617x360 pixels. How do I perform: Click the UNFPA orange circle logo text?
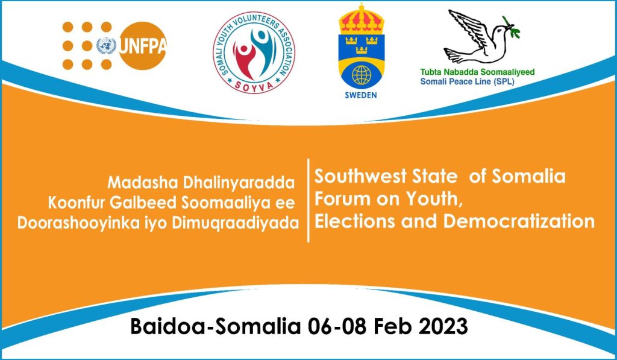click(142, 46)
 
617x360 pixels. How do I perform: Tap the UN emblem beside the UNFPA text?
click(106, 46)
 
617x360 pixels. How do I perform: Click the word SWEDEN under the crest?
click(361, 95)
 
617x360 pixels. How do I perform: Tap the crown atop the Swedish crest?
click(362, 18)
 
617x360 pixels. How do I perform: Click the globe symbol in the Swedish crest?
click(362, 75)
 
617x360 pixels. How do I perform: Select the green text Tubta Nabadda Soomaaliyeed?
click(477, 72)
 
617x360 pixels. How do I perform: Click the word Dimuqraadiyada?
click(236, 223)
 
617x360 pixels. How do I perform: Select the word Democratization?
click(519, 221)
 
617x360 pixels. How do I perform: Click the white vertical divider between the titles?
click(308, 200)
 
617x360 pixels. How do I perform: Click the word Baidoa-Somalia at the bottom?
click(215, 326)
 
